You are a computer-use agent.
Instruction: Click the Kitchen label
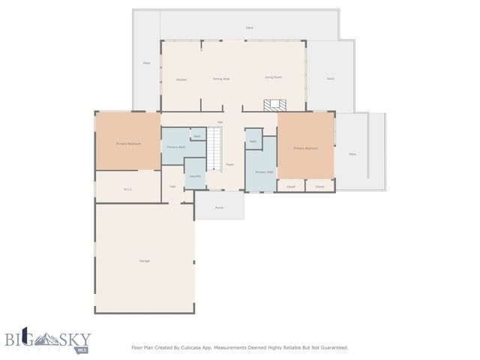tap(181, 79)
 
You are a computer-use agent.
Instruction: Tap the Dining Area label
tap(221, 78)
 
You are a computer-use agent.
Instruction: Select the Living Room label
tap(273, 77)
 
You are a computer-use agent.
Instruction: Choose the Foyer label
tap(230, 164)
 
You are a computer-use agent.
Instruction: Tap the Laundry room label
tap(195, 176)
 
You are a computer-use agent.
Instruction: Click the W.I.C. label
tap(127, 189)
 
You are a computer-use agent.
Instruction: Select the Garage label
tap(145, 260)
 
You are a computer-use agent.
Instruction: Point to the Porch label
tap(219, 207)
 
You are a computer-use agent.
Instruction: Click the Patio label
tap(352, 154)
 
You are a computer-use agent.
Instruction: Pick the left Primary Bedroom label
tap(128, 143)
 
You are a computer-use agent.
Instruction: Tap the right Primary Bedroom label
tap(306, 148)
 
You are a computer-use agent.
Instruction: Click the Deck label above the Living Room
tap(250, 28)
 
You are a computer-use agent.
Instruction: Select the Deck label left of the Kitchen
tap(147, 63)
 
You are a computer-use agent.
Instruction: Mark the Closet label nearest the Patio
tap(320, 186)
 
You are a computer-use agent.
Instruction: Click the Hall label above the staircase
tap(220, 122)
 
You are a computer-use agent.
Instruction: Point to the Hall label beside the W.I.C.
tap(172, 186)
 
